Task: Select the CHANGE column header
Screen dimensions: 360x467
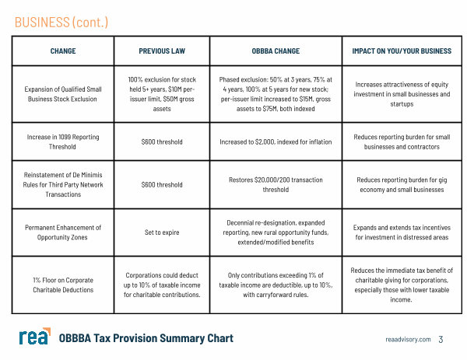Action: [63, 51]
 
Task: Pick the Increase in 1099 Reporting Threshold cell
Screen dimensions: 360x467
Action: [63, 142]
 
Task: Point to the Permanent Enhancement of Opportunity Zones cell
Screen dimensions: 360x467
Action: [63, 232]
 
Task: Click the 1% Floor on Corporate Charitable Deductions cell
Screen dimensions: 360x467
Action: [63, 285]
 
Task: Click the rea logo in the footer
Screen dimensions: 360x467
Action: [34, 337]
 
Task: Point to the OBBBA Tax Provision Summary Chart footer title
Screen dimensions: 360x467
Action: [146, 338]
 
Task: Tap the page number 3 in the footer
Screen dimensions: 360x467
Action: [441, 339]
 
